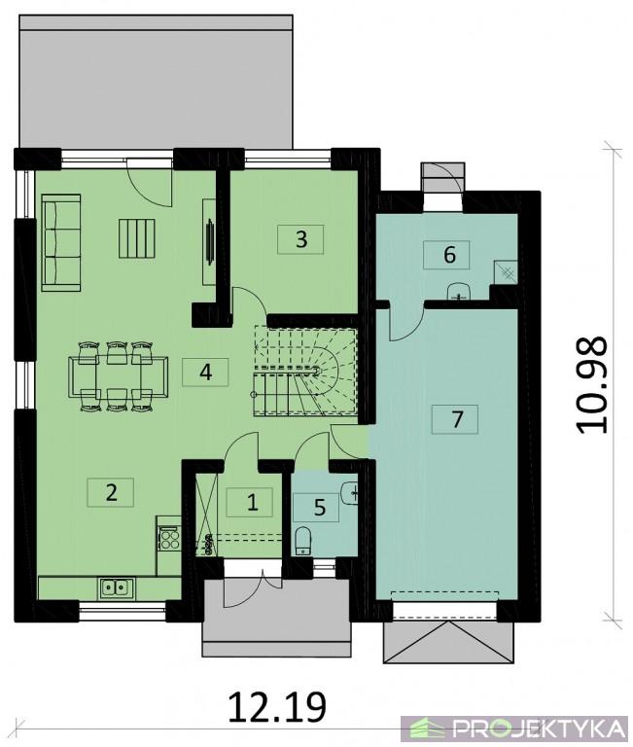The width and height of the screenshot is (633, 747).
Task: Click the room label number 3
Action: [300, 239]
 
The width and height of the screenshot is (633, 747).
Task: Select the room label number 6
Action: [449, 255]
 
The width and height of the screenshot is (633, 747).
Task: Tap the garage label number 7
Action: [456, 420]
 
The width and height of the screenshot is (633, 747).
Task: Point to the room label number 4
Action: [205, 373]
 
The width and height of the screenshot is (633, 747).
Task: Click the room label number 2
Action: [111, 492]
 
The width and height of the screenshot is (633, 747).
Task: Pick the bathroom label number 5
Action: [319, 508]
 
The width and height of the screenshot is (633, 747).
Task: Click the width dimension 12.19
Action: [278, 706]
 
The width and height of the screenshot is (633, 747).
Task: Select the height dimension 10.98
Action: [592, 385]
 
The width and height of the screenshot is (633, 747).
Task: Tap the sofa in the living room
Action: [61, 242]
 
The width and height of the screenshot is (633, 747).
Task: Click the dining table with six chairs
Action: [118, 375]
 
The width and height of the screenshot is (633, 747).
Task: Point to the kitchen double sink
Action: [117, 587]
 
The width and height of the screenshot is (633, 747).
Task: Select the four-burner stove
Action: [169, 539]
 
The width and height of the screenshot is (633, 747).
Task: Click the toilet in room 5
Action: [302, 540]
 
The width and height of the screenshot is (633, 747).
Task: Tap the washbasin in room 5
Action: [350, 492]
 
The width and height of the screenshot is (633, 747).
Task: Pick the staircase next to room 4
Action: [305, 372]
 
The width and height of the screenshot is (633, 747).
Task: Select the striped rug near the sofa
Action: [137, 238]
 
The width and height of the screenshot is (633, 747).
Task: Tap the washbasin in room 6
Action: [459, 291]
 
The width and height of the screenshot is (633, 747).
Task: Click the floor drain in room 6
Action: [508, 272]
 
